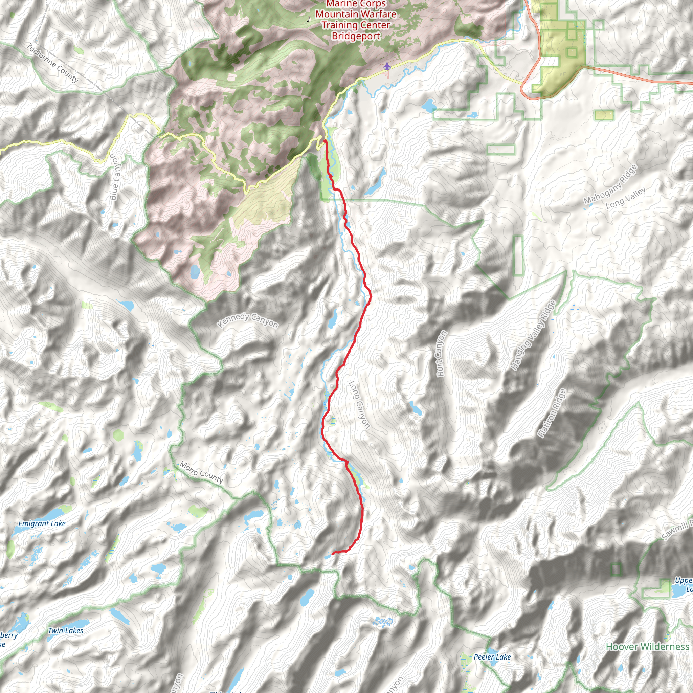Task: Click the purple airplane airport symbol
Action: (x=387, y=66)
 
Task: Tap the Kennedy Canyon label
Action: (x=248, y=320)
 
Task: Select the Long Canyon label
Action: (x=359, y=405)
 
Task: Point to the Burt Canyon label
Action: (x=441, y=353)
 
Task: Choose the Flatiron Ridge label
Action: (x=551, y=413)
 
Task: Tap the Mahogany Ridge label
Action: (x=610, y=184)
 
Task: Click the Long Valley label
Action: (x=626, y=198)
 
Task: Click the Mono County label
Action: (x=201, y=472)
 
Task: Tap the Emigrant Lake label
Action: (x=42, y=524)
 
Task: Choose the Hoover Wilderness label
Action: (x=647, y=646)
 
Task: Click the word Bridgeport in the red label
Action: (x=356, y=36)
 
